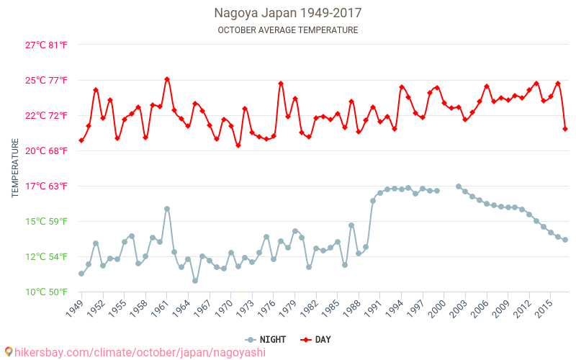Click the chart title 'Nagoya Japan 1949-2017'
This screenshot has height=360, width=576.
pyautogui.click(x=287, y=13)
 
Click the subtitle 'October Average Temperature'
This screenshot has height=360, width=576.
pyautogui.click(x=287, y=30)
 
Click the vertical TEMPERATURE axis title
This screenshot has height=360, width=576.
pyautogui.click(x=15, y=168)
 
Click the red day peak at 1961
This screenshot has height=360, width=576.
pyautogui.click(x=167, y=79)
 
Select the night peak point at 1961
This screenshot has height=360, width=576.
pyautogui.click(x=167, y=209)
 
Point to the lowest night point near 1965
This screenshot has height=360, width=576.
pyautogui.click(x=195, y=281)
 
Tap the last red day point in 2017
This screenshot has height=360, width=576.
pyautogui.click(x=565, y=129)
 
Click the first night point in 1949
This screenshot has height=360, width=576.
pyautogui.click(x=81, y=274)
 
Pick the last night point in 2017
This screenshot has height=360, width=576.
pyautogui.click(x=565, y=240)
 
